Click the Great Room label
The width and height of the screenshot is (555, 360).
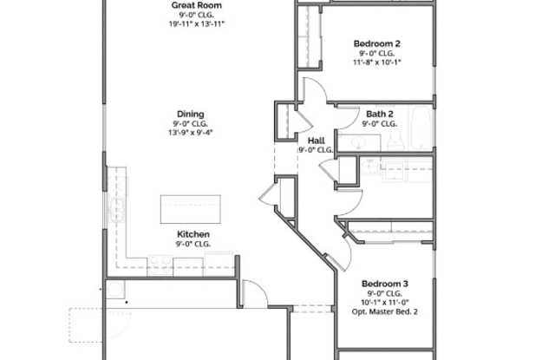click(197, 5)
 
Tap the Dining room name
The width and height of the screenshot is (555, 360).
click(191, 114)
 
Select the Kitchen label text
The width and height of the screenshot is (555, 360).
click(193, 234)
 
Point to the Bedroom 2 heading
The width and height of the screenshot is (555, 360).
click(377, 43)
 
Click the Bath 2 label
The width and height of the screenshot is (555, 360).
click(380, 114)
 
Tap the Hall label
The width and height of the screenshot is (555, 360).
click(316, 141)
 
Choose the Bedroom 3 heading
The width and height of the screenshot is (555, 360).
click(385, 284)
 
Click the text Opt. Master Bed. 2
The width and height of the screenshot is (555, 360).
click(385, 312)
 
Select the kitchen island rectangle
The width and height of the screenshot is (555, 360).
click(191, 209)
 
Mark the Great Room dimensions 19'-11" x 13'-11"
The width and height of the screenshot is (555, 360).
click(197, 24)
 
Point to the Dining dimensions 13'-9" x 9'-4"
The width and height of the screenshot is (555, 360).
click(191, 133)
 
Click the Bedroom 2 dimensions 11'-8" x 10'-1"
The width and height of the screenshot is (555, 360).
click(377, 62)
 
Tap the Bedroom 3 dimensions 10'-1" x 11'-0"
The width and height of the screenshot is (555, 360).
click(385, 303)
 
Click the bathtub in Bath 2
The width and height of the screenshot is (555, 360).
click(421, 128)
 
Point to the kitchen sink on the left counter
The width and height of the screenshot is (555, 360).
click(118, 210)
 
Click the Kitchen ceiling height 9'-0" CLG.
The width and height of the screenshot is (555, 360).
click(193, 244)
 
